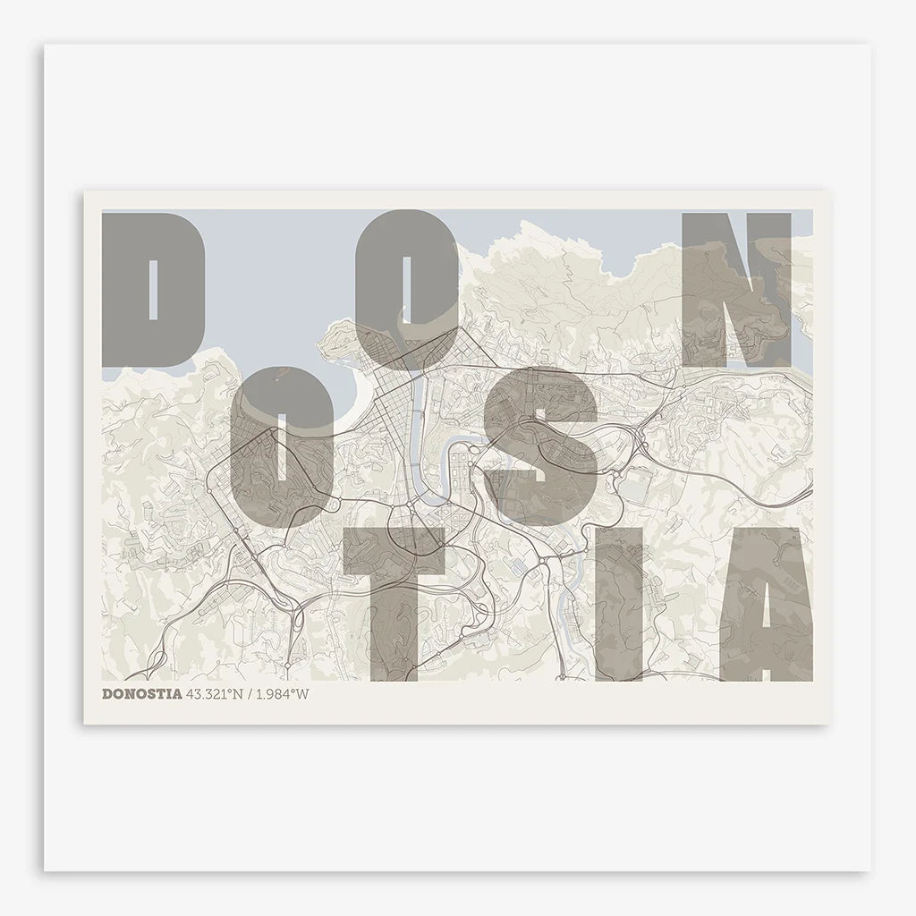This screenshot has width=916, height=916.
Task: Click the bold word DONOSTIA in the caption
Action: (x=142, y=693)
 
